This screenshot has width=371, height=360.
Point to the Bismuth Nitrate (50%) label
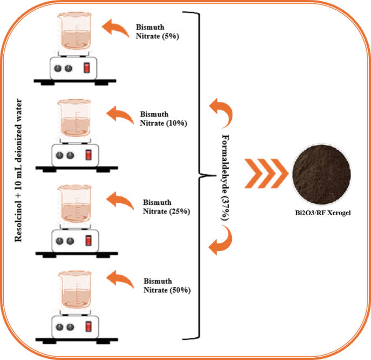167,286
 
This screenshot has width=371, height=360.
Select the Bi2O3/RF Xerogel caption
320,213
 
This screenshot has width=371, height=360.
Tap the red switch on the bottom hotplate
88,327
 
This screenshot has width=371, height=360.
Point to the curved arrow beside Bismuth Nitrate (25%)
120,200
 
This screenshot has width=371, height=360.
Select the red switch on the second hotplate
88,156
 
